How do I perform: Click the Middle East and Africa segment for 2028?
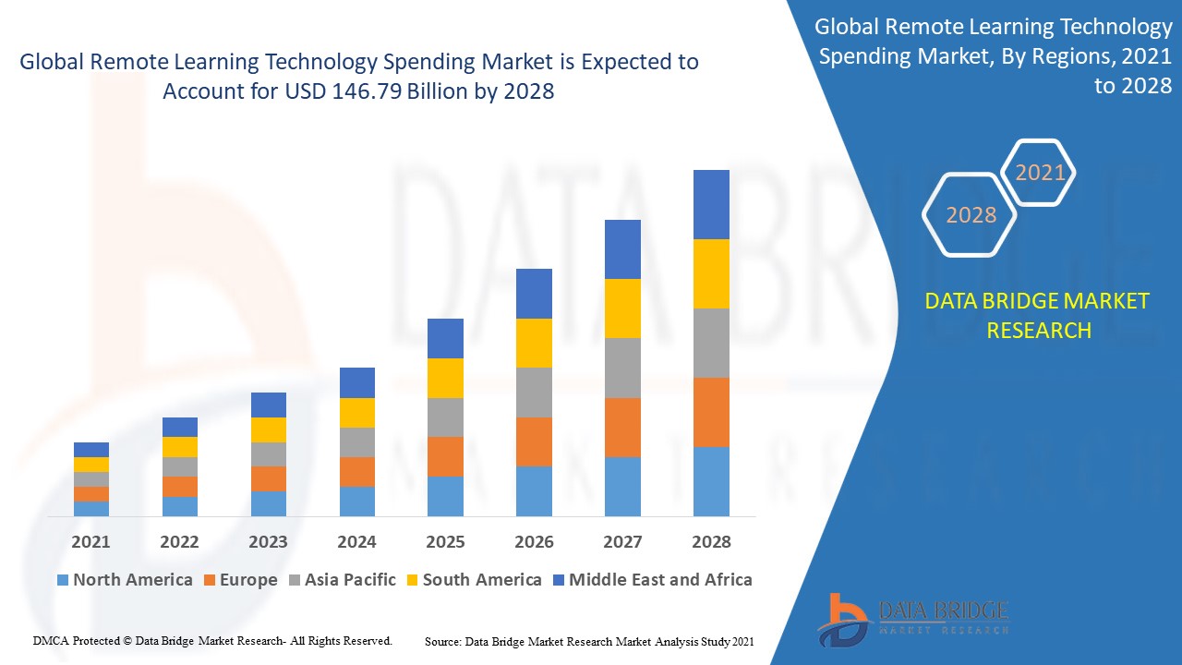coord(711,204)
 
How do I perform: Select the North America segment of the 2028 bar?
coord(711,481)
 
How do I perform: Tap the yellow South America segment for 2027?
coord(622,308)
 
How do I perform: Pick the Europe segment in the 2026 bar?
coord(534,441)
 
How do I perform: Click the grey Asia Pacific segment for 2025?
coord(445,417)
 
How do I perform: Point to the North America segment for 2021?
coord(91,508)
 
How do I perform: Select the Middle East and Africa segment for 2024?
coord(357,382)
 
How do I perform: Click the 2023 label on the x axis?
coord(268,542)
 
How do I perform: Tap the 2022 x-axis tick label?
coord(179,542)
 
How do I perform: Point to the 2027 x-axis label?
coord(622,542)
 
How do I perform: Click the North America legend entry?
coord(124,580)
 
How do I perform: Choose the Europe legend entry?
coord(239,580)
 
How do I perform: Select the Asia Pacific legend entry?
coord(342,580)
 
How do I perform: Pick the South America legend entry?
coord(473,580)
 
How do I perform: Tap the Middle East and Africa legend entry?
coord(652,580)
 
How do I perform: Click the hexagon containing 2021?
coord(1040,173)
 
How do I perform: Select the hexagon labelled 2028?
coord(971,215)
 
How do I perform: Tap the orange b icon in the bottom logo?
coord(842,619)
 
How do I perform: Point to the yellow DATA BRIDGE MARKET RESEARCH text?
coord(1038,316)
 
